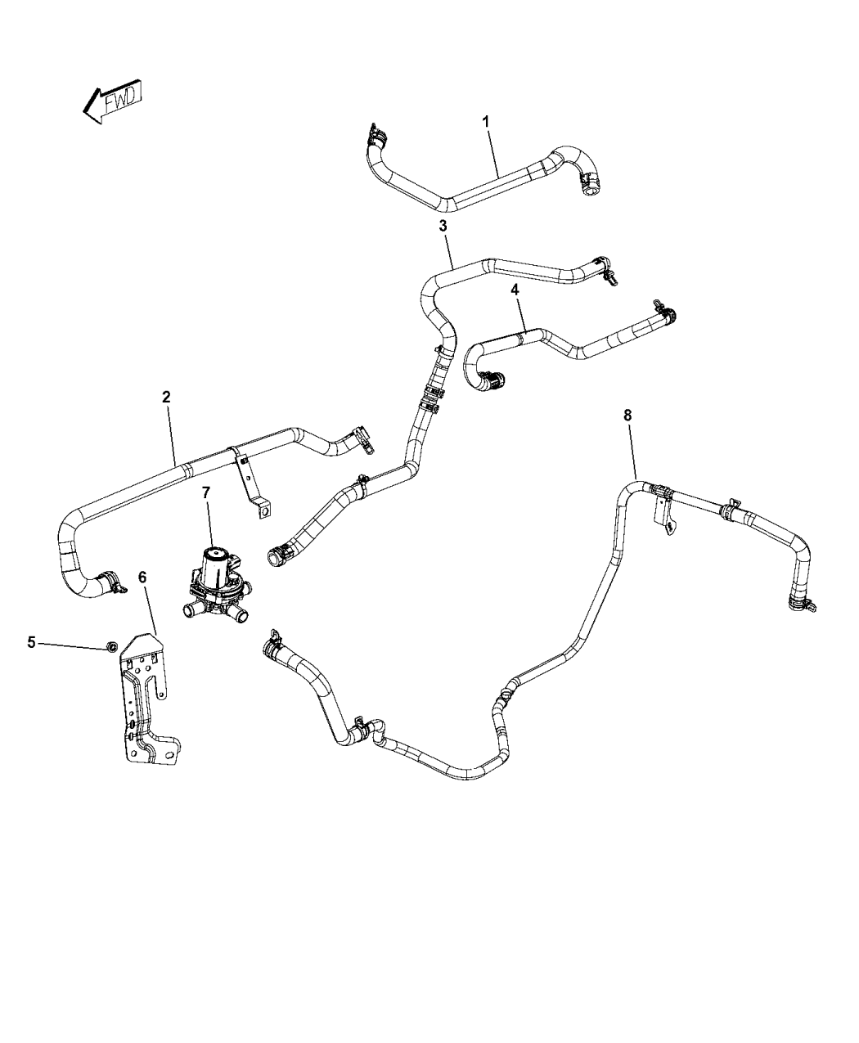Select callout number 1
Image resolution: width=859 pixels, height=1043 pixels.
[485, 121]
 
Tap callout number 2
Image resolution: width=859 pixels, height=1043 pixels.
[166, 397]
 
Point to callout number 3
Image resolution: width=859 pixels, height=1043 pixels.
[443, 225]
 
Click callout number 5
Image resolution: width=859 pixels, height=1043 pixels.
[31, 642]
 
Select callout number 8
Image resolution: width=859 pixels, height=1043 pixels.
[627, 416]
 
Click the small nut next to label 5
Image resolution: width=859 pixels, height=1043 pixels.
[109, 648]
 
